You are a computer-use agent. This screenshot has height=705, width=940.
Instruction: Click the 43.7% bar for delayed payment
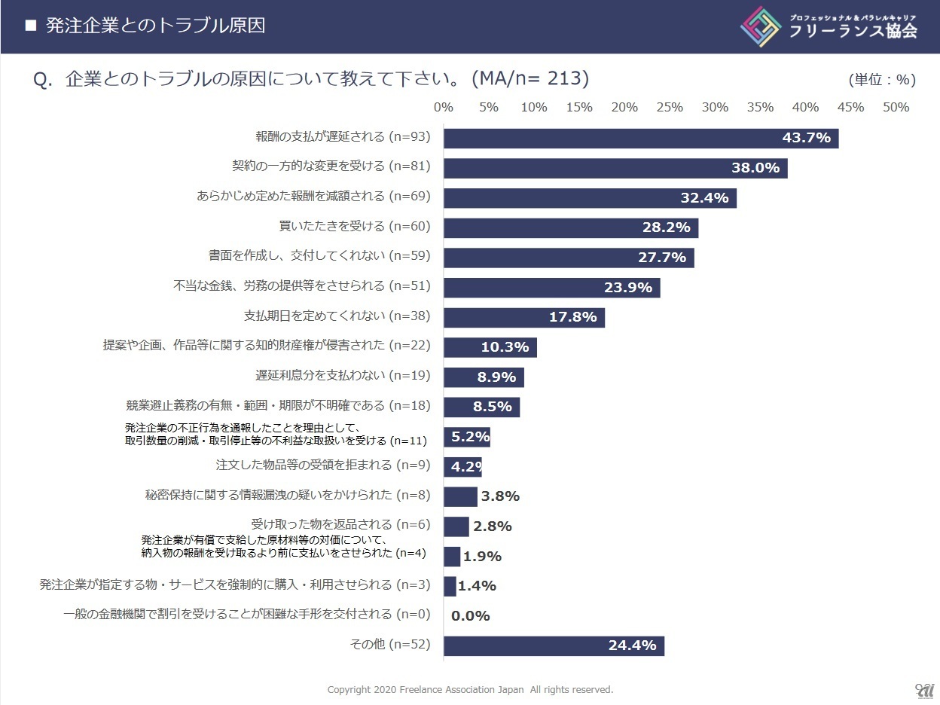[x=640, y=138]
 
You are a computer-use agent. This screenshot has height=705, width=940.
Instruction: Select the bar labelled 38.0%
[x=615, y=168]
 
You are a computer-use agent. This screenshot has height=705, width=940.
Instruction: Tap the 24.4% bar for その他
[x=554, y=645]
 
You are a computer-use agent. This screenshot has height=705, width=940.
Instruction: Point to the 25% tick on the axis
[x=669, y=107]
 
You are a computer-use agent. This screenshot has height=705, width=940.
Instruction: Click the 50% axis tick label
[x=896, y=107]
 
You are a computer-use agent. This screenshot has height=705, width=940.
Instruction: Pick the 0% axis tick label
[x=444, y=107]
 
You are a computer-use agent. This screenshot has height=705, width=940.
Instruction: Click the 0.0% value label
[x=470, y=616]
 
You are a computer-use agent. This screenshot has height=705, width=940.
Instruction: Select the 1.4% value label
[x=477, y=586]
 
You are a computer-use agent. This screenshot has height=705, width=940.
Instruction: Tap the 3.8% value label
[x=500, y=496]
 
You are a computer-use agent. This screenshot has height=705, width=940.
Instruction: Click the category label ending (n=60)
[x=354, y=226]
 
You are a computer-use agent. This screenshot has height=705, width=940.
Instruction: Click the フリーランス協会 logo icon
[x=761, y=27]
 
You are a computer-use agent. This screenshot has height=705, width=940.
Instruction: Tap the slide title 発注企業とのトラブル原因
[x=155, y=26]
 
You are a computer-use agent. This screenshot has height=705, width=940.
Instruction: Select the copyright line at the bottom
[x=470, y=689]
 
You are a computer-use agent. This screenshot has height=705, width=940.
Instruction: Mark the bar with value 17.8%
[x=523, y=317]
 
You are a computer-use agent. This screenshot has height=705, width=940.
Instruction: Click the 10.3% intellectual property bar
[x=490, y=347]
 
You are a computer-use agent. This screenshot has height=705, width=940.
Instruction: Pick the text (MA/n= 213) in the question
[x=530, y=78]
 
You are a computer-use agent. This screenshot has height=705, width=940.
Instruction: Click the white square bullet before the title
[x=31, y=26]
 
